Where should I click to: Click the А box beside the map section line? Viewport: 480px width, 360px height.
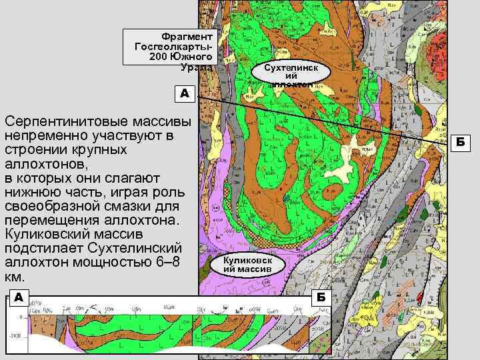pyautogui.click(x=184, y=93)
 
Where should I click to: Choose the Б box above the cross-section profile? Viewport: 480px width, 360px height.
pyautogui.click(x=321, y=296)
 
